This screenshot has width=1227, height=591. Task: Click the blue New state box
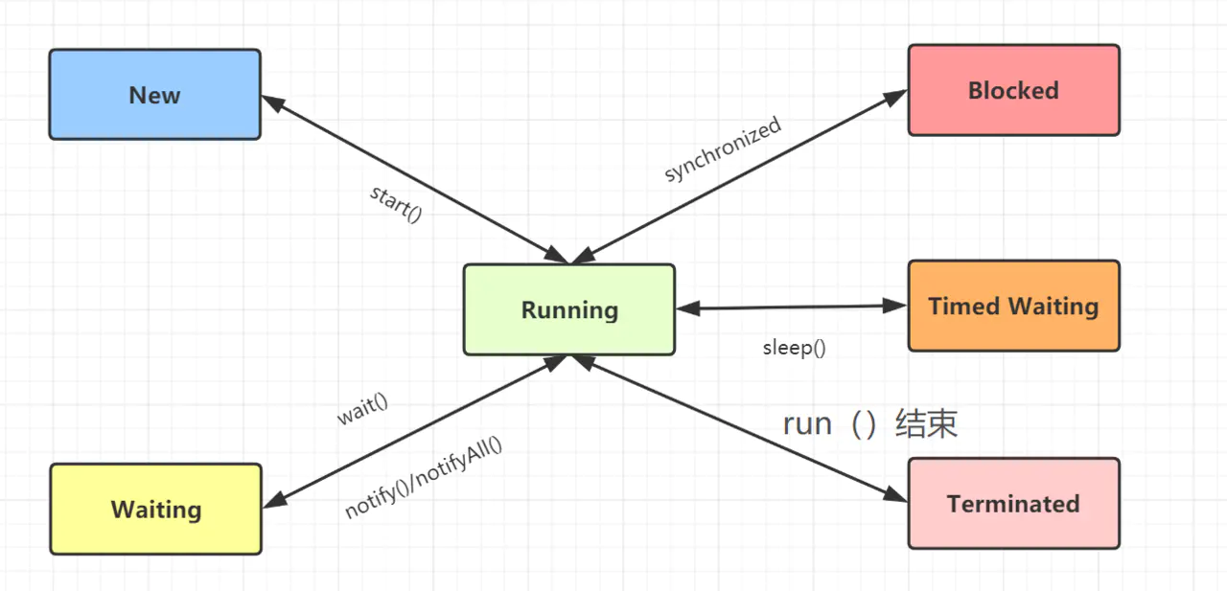pos(154,95)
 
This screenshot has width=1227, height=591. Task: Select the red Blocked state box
pos(1013,90)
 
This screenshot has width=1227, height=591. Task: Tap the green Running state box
pos(569,309)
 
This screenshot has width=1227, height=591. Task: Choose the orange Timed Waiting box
pos(1013,306)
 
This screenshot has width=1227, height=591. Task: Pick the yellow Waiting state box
pos(155,509)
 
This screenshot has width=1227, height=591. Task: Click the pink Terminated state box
pos(1013,503)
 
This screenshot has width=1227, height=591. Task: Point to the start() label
pos(396,203)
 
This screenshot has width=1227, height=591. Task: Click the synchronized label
pos(723,149)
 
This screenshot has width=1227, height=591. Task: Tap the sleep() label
pos(794,348)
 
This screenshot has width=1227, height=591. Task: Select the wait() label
pos(362,410)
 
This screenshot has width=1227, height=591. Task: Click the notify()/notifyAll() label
pos(423,477)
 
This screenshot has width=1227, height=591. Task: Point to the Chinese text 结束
pos(926,423)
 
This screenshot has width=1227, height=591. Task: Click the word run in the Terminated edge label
pos(807,423)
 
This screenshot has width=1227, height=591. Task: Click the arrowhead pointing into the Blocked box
pos(896,96)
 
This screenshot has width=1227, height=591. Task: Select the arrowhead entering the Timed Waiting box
pos(896,307)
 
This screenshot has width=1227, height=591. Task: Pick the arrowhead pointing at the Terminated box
pos(896,495)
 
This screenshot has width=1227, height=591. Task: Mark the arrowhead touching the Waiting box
pos(272,501)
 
